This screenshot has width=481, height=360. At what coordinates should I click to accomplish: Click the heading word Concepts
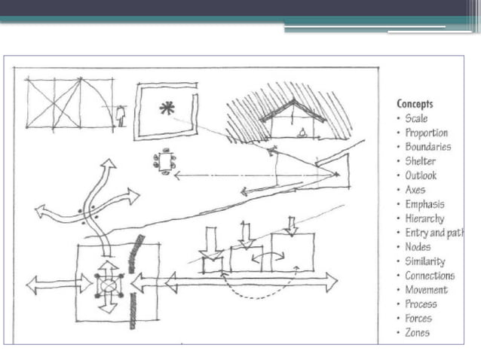coord(415,104)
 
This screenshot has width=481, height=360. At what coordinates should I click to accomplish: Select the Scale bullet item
coord(416,118)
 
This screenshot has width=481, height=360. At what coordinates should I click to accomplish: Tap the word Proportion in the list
coord(426,133)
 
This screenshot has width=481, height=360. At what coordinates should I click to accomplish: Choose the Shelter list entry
coord(420,161)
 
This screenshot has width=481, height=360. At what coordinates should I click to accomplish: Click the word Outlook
coord(421,175)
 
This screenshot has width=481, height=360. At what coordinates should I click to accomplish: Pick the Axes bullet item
coord(415,190)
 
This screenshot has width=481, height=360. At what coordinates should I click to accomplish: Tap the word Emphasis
coord(424,204)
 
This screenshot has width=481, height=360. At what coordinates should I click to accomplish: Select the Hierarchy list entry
coord(424,218)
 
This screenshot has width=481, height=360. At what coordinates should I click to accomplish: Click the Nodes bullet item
coord(418,247)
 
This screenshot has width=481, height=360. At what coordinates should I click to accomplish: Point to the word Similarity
coord(424,261)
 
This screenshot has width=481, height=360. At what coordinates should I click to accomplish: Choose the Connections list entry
coord(430,276)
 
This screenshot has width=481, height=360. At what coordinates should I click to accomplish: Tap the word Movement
coord(426,290)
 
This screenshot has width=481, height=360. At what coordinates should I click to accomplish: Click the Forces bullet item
coord(418,319)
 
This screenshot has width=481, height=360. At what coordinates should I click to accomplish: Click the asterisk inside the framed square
coord(167,108)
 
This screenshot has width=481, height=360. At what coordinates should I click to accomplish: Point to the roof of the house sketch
coord(293,109)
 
